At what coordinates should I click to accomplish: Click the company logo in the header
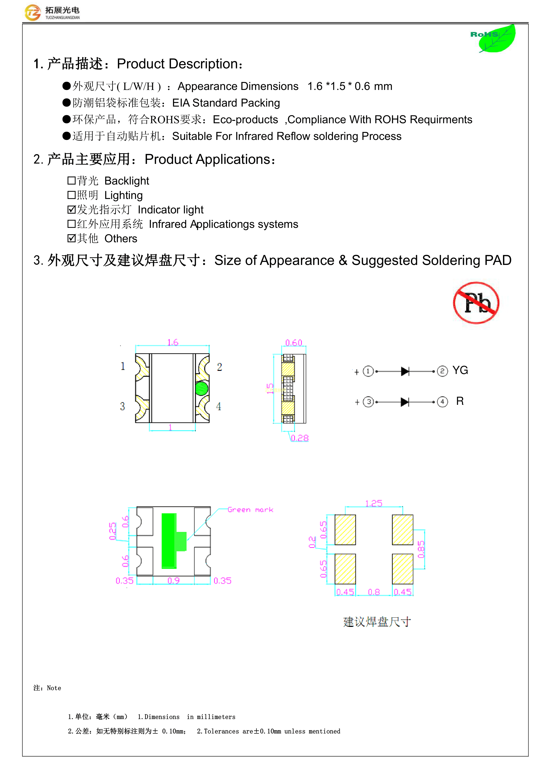tap(33, 13)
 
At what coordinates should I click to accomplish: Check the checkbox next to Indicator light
tap(71, 210)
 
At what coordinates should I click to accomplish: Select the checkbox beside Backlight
tap(71, 181)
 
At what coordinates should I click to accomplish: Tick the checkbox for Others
tap(71, 238)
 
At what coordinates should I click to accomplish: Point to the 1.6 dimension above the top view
tap(173, 342)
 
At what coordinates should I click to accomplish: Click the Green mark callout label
tap(250, 510)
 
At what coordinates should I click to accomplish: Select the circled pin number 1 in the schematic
tap(368, 371)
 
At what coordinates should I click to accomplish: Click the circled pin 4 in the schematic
tap(442, 402)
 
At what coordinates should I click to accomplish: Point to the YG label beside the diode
tap(460, 370)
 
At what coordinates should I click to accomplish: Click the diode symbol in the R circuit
tap(405, 402)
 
